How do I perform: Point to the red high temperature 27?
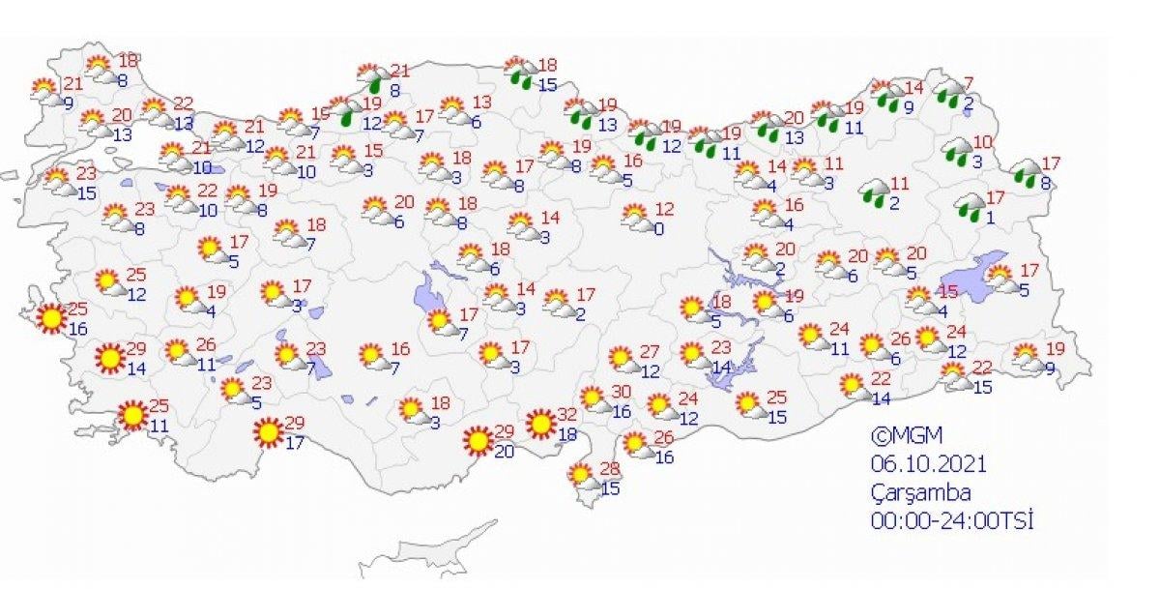pos(649,351)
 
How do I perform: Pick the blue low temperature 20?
pos(503,450)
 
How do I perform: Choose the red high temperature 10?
pos(982,141)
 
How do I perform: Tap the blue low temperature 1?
pos(991,218)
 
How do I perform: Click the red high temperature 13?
pos(481,102)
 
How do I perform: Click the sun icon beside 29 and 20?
pos(477,441)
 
